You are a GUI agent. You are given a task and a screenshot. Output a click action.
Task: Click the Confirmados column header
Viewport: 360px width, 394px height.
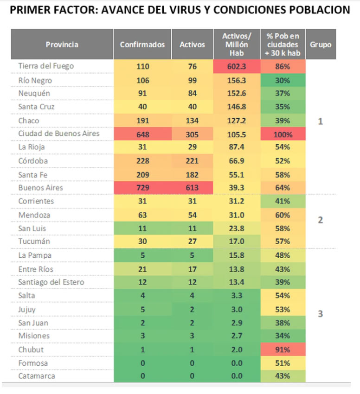(x=142, y=44)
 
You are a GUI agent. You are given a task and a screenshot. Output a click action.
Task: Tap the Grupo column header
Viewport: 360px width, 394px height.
(x=321, y=44)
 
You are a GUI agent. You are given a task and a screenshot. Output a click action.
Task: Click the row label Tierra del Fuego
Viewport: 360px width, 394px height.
(x=46, y=66)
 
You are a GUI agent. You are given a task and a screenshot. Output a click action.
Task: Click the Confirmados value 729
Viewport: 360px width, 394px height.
(x=142, y=188)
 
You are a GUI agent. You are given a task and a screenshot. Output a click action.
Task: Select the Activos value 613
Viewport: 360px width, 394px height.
(x=192, y=188)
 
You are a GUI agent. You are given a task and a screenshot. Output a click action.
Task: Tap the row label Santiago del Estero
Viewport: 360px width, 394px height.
(x=51, y=282)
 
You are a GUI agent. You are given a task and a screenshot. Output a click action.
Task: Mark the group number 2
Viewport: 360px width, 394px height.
(x=321, y=220)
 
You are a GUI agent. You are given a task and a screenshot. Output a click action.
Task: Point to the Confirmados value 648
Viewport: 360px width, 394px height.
(x=142, y=134)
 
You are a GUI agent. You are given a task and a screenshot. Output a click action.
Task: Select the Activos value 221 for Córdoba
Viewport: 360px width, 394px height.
(x=192, y=161)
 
